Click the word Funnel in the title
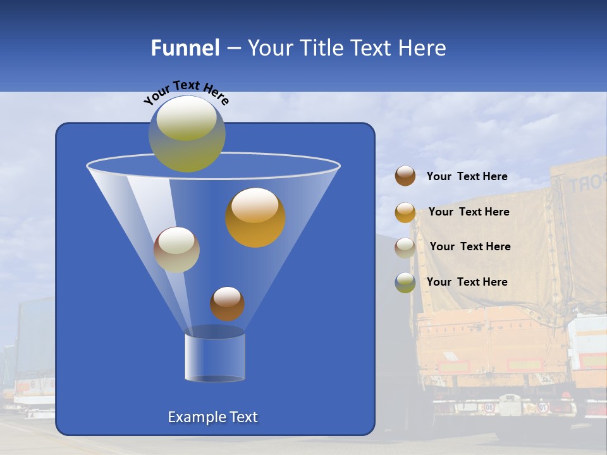coord(185,48)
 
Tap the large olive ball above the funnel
coord(187,133)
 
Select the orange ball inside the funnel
coord(255,217)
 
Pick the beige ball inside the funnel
coord(176,250)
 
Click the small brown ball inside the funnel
coord(227,304)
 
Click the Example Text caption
coord(212,417)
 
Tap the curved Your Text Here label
coord(186,92)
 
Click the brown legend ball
coord(405,176)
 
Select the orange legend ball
coord(405,212)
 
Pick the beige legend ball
coord(405,247)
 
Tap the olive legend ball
coord(405,282)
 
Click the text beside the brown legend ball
coord(467,177)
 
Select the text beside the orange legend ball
coord(469,212)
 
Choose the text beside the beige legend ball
coord(470,246)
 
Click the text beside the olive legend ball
coord(467,282)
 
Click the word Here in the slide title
coord(423,48)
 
